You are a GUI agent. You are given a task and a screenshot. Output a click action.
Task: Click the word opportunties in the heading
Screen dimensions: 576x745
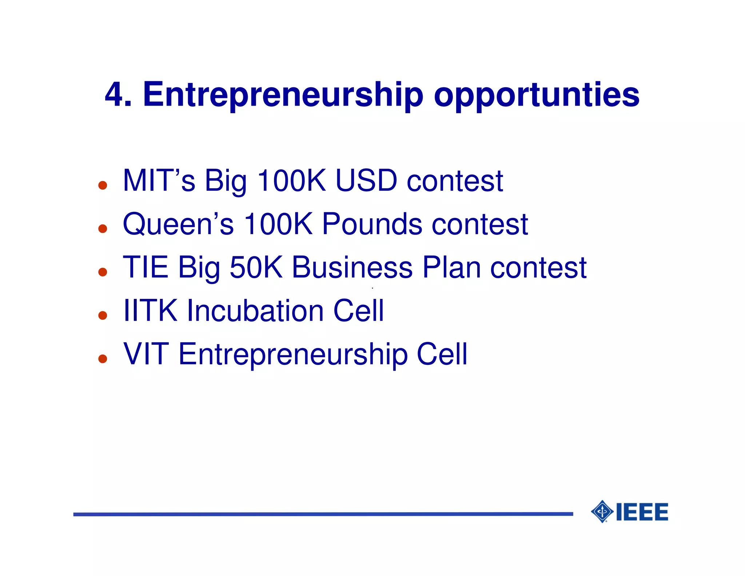click(x=536, y=95)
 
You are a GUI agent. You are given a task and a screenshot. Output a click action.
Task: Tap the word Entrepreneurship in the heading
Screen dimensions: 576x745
click(x=283, y=95)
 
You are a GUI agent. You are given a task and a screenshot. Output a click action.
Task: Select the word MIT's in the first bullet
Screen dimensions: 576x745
click(x=159, y=181)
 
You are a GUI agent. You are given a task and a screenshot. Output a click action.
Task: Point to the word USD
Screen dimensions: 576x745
click(x=366, y=181)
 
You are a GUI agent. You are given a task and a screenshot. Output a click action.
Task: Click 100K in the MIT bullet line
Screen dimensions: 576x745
click(x=291, y=181)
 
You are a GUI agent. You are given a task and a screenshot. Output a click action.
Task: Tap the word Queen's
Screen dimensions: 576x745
click(x=178, y=224)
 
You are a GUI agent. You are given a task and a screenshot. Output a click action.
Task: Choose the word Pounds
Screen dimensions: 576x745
click(x=372, y=224)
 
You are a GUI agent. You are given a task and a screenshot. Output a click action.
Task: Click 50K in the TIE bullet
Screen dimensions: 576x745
click(x=256, y=267)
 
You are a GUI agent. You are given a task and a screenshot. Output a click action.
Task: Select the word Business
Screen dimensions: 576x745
click(x=352, y=267)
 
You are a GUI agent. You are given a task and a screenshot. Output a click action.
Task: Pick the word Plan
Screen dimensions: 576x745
click(x=451, y=267)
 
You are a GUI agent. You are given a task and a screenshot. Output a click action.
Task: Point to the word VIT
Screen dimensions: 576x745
click(x=146, y=354)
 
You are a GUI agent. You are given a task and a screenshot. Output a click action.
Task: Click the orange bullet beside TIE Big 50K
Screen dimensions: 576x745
click(x=103, y=272)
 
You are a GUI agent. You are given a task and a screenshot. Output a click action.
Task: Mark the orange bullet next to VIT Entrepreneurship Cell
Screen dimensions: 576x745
click(x=103, y=359)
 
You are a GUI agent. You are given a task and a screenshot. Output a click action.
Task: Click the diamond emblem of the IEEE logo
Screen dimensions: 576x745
click(x=602, y=512)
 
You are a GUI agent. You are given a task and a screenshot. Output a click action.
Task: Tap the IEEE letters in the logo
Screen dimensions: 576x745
click(x=642, y=512)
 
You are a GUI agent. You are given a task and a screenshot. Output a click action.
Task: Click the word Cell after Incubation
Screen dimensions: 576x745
click(x=359, y=311)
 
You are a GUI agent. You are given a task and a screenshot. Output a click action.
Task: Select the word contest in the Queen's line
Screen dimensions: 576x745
click(x=480, y=224)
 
